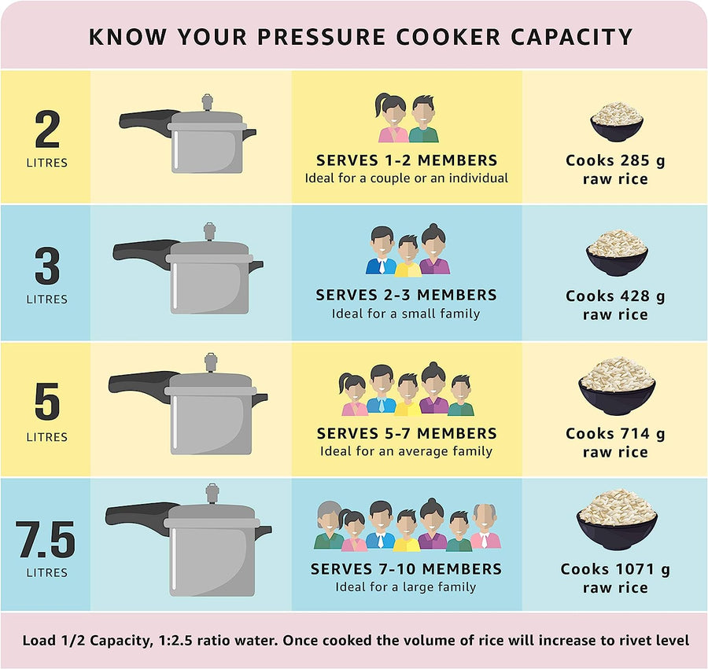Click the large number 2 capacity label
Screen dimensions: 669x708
click(x=47, y=130)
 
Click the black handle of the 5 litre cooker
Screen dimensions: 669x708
click(x=142, y=386)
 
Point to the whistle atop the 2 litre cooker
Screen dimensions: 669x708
click(x=208, y=102)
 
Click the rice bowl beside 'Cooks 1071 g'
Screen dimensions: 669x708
click(x=617, y=520)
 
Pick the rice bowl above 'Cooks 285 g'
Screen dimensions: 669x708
click(x=617, y=122)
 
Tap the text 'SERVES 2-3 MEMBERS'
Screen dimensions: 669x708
click(x=406, y=296)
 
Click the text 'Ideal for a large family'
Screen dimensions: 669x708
click(x=406, y=587)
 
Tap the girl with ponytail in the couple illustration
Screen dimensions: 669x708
click(x=393, y=119)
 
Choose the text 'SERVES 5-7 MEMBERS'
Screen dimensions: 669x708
click(x=406, y=433)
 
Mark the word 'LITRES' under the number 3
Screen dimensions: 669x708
click(x=46, y=300)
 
